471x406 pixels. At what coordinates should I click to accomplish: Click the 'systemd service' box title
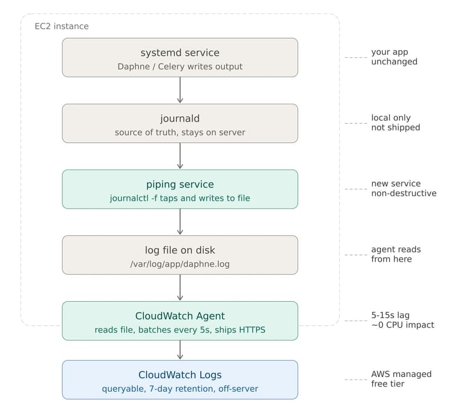pos(180,53)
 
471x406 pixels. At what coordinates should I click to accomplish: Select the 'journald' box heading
pos(180,118)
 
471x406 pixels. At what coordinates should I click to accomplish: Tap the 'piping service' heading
pos(180,184)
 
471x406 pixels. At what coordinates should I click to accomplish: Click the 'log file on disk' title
pos(180,250)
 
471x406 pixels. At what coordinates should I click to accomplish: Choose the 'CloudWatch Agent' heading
pos(180,316)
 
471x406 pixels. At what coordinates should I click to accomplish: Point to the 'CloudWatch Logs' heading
pos(180,375)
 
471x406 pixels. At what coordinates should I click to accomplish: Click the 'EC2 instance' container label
pos(62,27)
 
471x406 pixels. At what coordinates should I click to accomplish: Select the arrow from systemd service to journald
pos(180,90)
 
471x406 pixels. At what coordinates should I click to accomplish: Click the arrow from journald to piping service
pos(180,156)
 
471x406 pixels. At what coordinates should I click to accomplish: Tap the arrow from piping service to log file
pos(180,222)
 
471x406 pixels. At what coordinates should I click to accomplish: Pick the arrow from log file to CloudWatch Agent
pos(180,288)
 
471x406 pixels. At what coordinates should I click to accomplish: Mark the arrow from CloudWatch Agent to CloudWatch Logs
pos(180,350)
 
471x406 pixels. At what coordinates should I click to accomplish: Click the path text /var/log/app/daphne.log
pos(180,264)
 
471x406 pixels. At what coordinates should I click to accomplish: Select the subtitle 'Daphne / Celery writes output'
pos(180,67)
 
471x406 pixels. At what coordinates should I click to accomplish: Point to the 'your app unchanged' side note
pos(394,57)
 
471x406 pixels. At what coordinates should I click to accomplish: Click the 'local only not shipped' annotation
pos(395,123)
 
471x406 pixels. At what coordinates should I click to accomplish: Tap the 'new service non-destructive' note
pos(403,189)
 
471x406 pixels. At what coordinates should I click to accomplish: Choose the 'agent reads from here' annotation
pos(396,254)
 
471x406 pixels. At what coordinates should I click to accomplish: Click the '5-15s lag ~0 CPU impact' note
pos(402,320)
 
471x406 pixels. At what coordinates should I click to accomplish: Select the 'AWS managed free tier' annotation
pos(401,379)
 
